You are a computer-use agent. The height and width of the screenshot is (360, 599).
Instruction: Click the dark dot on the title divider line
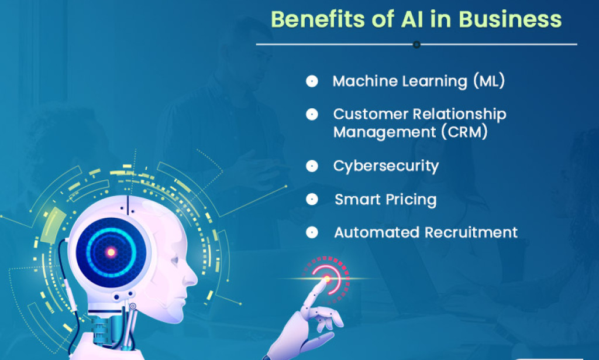(416, 44)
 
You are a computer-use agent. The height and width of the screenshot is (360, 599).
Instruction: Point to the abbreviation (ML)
(488, 81)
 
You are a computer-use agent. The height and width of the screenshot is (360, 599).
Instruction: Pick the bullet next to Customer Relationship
(312, 114)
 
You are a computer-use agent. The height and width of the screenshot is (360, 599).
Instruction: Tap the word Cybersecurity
(385, 166)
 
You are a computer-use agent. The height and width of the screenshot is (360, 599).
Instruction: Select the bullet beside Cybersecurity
(312, 166)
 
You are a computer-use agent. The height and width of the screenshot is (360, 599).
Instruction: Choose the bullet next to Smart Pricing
(312, 200)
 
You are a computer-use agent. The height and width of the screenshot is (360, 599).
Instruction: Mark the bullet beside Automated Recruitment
(312, 232)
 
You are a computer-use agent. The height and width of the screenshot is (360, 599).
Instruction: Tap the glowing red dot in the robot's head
(110, 252)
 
